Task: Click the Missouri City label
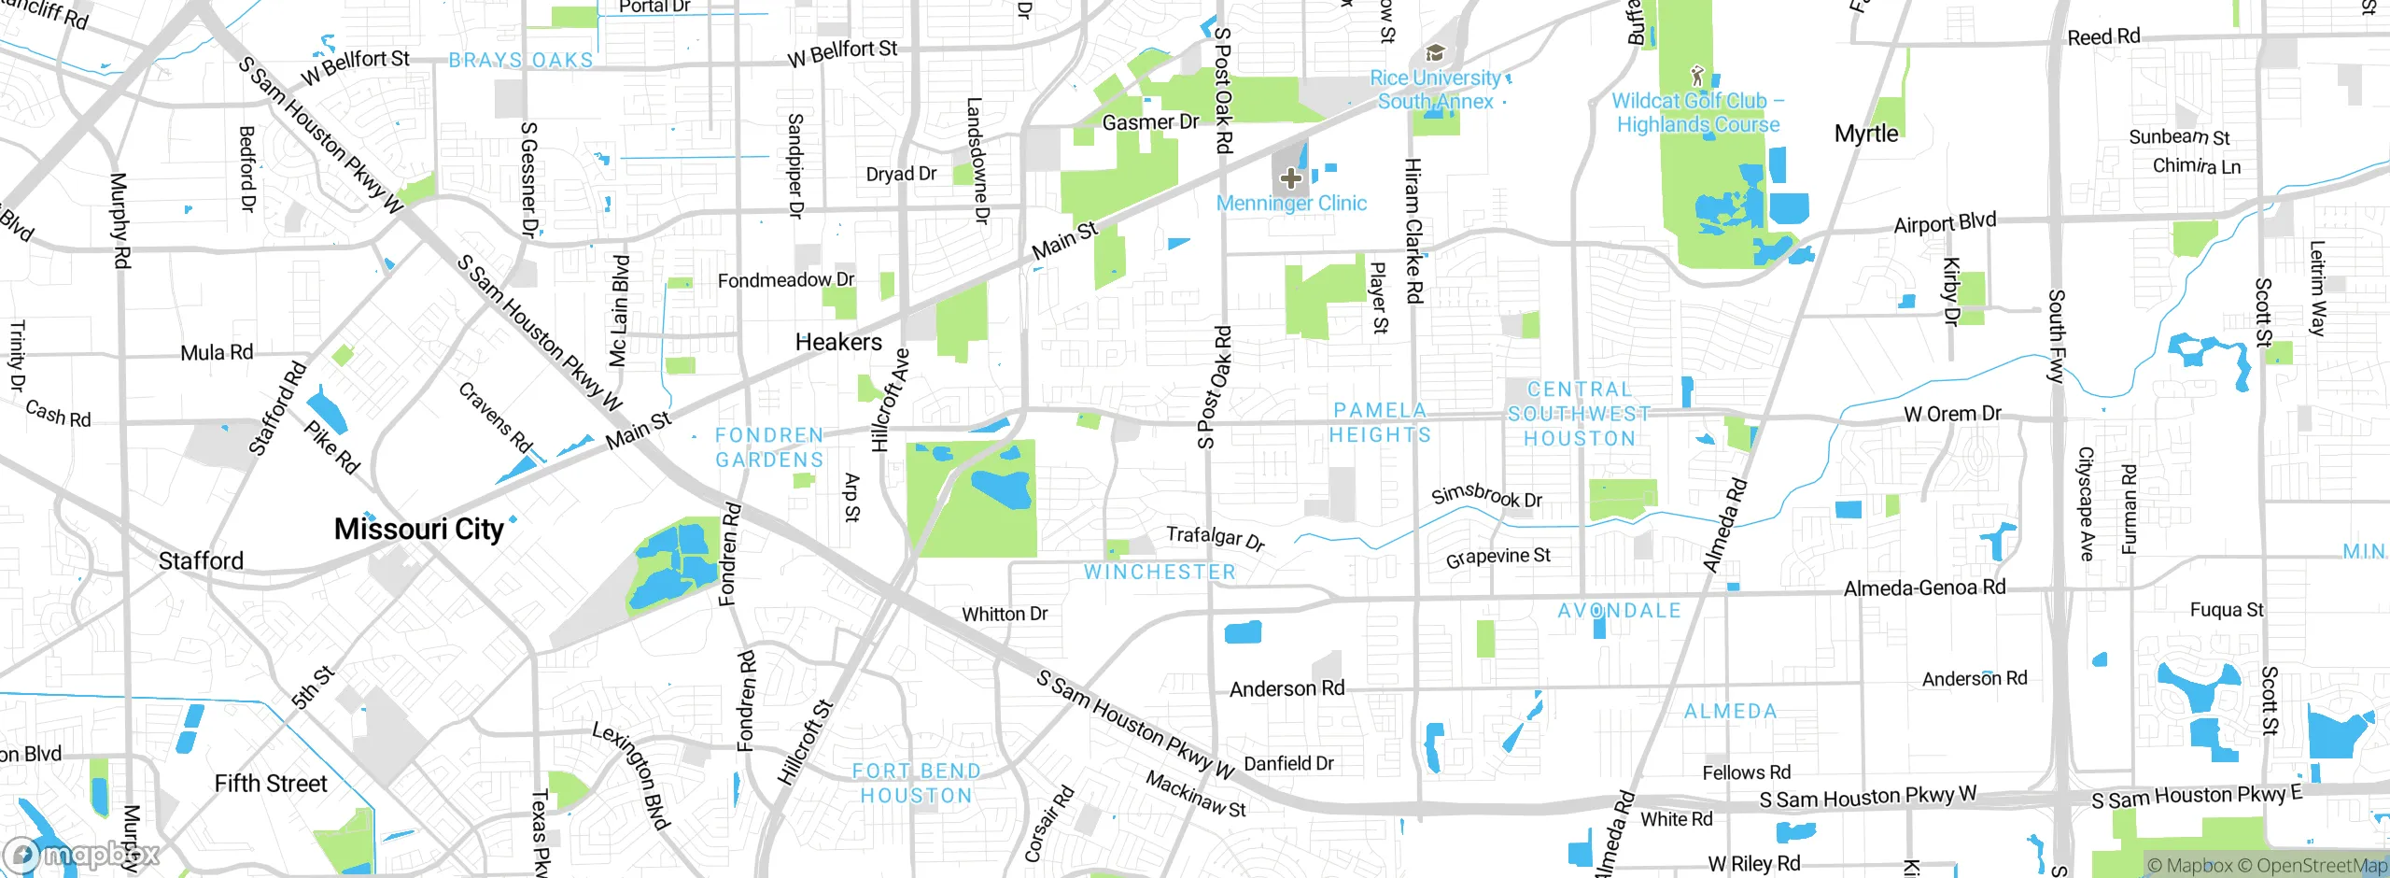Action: tap(418, 530)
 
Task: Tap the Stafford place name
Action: tap(201, 561)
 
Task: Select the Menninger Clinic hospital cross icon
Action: tap(1290, 177)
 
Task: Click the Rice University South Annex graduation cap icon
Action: tap(1435, 52)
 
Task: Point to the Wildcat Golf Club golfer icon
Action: tap(1697, 76)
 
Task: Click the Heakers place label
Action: tap(838, 343)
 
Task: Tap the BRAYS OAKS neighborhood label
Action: tap(521, 61)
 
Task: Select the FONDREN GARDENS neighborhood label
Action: tap(769, 447)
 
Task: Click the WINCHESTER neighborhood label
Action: tap(1160, 573)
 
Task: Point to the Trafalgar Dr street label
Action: tap(1215, 538)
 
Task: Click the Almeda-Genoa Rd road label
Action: tap(1924, 588)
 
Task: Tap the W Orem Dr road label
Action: tap(1952, 414)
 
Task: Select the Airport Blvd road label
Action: tap(1945, 223)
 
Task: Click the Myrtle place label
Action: tap(1866, 134)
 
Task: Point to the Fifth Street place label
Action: tap(271, 784)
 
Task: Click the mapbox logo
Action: tap(82, 855)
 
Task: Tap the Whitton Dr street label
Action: tap(1005, 615)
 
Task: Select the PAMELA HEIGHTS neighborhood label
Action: tap(1380, 423)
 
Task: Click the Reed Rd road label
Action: tap(2103, 37)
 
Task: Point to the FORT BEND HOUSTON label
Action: tap(916, 784)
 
